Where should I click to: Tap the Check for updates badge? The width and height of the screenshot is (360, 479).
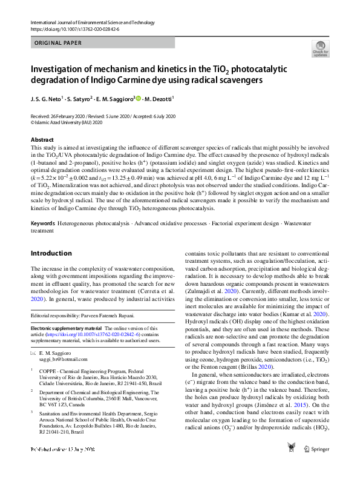[x=320, y=49]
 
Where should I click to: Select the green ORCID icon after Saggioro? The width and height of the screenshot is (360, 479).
[x=139, y=99]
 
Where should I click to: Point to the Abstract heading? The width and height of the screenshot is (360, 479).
[x=42, y=139]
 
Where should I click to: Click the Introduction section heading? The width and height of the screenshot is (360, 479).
[x=51, y=254]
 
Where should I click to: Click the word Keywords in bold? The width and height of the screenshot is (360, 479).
[x=43, y=224]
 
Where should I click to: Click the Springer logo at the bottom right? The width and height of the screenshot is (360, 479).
[x=316, y=466]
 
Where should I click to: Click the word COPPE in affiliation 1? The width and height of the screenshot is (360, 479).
[x=50, y=369]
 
